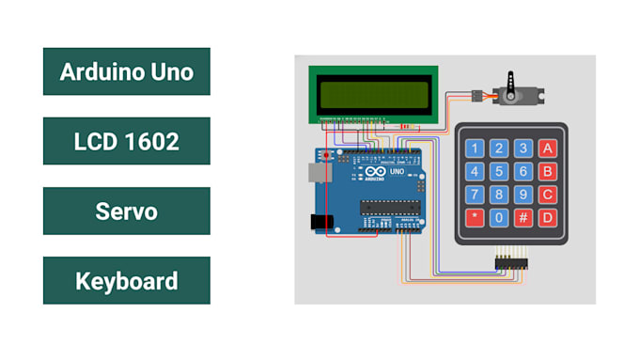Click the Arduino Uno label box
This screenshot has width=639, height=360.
click(x=126, y=71)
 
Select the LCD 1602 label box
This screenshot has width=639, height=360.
click(x=126, y=141)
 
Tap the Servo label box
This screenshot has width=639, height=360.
click(x=126, y=211)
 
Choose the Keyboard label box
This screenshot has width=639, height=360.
click(x=126, y=280)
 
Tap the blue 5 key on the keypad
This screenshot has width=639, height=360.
click(x=500, y=172)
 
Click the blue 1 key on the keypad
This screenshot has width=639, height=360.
click(x=476, y=149)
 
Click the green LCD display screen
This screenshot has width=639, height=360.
click(x=374, y=95)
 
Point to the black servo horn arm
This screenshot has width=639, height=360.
click(x=511, y=84)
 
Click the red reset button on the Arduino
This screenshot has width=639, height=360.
click(x=326, y=153)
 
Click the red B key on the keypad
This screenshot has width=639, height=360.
click(x=547, y=172)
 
